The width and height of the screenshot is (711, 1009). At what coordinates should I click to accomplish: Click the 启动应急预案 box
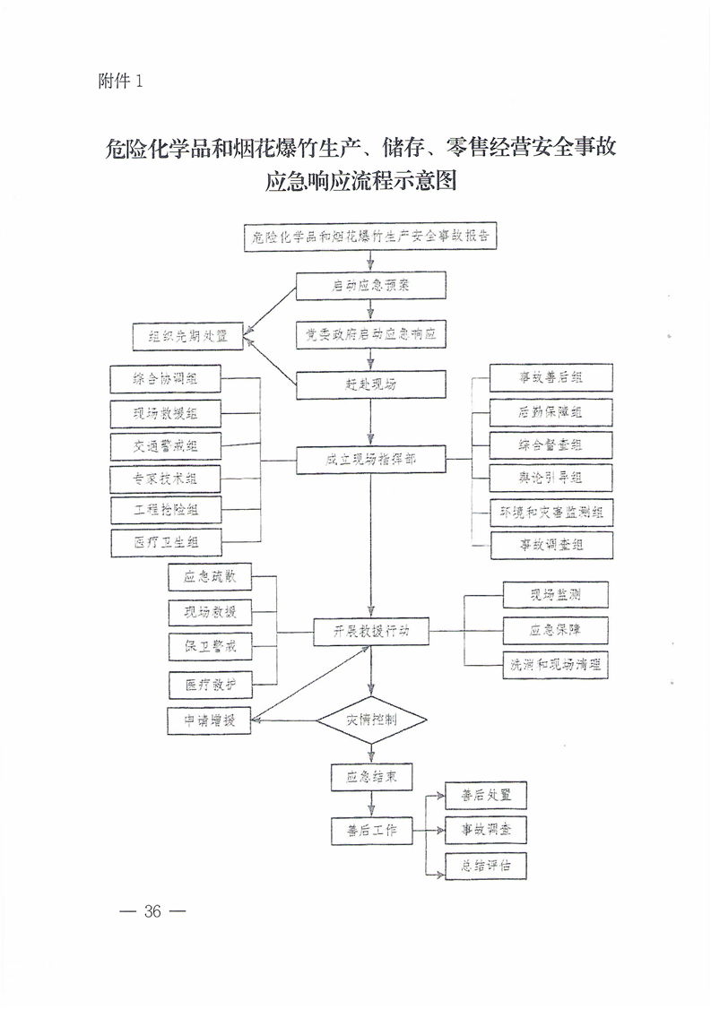(371, 286)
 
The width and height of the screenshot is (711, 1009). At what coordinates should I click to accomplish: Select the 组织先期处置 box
(188, 337)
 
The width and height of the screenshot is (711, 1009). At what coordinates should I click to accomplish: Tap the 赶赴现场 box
(371, 384)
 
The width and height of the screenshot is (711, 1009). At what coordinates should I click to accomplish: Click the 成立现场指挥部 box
(371, 461)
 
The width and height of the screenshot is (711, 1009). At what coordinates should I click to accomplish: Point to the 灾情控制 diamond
(371, 719)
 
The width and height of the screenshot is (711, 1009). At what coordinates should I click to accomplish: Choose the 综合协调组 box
(165, 379)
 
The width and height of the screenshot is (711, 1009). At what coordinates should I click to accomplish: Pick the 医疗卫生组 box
(165, 543)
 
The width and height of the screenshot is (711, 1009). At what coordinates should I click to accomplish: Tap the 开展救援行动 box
(371, 631)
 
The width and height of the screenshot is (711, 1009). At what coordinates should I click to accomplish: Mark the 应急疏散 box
(209, 577)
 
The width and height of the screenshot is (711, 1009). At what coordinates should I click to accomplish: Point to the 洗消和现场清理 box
(556, 664)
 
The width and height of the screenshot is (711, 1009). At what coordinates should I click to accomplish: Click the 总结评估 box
(485, 867)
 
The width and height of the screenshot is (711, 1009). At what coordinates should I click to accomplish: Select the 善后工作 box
(371, 831)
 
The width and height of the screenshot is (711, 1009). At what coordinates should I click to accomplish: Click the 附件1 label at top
(119, 81)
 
